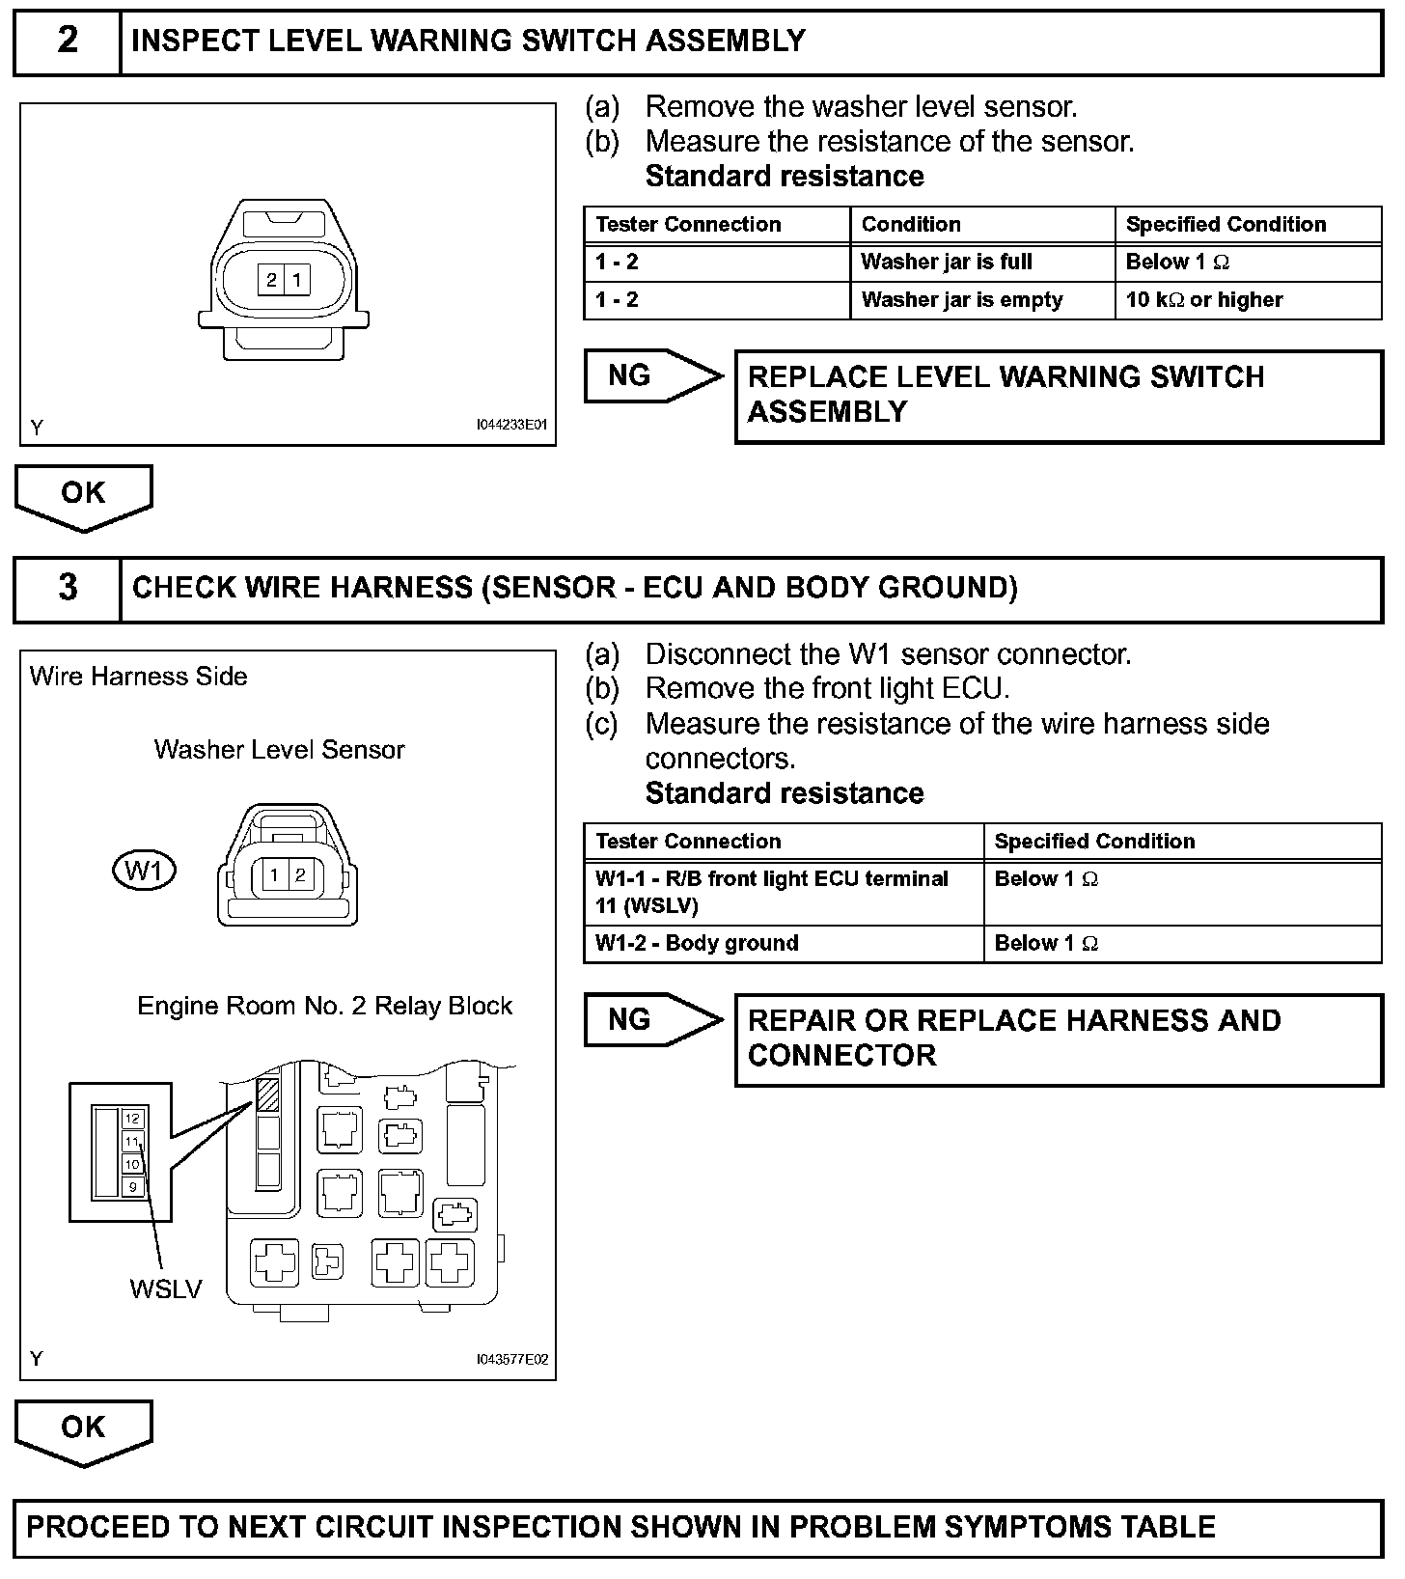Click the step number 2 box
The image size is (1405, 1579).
point(68,42)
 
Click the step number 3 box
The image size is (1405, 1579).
point(68,588)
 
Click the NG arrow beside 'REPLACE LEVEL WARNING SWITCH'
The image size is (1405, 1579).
point(649,375)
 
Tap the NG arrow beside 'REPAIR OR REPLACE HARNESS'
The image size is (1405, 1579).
point(649,1020)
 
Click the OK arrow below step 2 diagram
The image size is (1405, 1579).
point(83,494)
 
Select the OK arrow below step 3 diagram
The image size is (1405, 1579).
point(83,1429)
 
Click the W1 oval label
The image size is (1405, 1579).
point(144,871)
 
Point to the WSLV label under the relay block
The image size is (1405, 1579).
point(166,1288)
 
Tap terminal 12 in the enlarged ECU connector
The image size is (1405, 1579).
point(132,1119)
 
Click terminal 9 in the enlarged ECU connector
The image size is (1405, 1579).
point(132,1186)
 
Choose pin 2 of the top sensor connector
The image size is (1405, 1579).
point(272,280)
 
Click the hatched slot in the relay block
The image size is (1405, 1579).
point(267,1094)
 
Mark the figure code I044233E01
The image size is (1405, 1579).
point(511,425)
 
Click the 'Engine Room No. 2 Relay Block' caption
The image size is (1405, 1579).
point(324,1006)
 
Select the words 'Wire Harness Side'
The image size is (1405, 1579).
point(138,677)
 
